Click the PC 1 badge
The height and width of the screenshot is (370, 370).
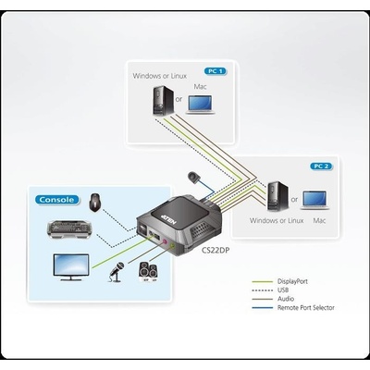click(216, 71)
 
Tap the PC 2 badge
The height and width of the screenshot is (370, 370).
click(321, 166)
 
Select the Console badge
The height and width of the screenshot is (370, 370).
click(56, 200)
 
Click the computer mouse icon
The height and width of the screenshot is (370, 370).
click(95, 203)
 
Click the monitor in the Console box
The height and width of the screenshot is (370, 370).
click(71, 267)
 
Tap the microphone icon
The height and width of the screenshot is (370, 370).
click(116, 272)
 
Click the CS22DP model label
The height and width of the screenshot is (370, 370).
click(216, 251)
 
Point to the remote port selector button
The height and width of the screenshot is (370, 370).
click(193, 178)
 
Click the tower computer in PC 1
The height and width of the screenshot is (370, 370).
click(164, 101)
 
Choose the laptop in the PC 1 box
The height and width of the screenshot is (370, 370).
click(200, 105)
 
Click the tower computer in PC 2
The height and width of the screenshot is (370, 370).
click(278, 196)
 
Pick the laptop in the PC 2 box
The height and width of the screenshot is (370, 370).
click(314, 200)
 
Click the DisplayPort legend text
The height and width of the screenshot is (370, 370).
click(292, 281)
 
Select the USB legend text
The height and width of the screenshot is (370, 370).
click(283, 290)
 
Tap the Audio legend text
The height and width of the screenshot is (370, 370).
click(286, 299)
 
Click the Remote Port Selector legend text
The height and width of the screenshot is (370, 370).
click(306, 307)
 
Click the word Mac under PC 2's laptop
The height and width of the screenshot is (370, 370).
click(319, 220)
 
